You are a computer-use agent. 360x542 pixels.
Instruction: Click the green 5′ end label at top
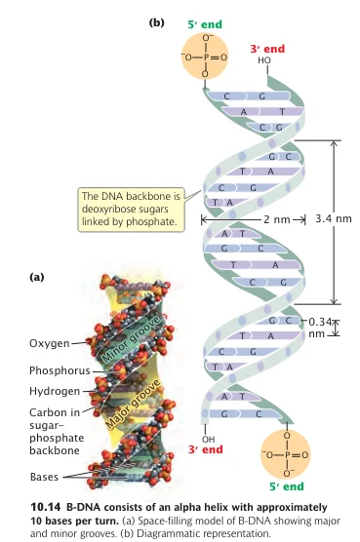tap(205, 24)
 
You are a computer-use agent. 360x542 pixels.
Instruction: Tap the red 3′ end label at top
tap(267, 49)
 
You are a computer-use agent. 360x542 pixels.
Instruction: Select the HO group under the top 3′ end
tap(264, 60)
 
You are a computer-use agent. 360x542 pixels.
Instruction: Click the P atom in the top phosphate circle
tap(206, 58)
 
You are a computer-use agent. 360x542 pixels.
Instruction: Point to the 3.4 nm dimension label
tap(334, 218)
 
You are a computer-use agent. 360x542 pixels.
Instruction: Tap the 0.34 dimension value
tap(321, 322)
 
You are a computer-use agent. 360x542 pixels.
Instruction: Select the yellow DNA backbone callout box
tap(131, 210)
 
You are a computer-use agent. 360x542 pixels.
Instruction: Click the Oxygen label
tap(50, 343)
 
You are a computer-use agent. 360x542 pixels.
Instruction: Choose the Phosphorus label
tap(60, 370)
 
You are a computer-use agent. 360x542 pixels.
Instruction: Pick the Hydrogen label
tap(55, 391)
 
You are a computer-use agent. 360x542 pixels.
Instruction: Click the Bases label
tap(44, 477)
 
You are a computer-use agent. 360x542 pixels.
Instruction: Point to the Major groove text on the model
tap(133, 404)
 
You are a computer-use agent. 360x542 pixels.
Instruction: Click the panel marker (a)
tap(37, 277)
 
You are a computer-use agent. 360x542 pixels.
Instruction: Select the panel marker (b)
tap(157, 22)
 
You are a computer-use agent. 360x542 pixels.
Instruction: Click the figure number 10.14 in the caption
tap(46, 508)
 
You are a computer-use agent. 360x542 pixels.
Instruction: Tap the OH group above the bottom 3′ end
tap(208, 440)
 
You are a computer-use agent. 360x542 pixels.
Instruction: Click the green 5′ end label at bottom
tap(287, 486)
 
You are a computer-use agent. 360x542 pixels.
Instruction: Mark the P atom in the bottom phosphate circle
tap(287, 454)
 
